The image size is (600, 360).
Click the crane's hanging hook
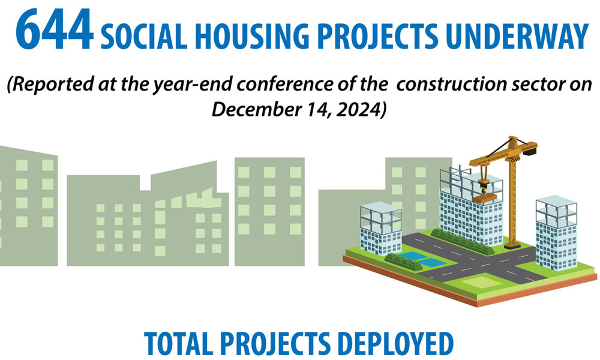484,187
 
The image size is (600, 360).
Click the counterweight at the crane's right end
530,151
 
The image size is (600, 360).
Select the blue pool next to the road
421,259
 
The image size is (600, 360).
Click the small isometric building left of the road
381,229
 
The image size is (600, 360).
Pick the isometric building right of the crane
556,233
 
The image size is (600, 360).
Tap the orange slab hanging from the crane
484,198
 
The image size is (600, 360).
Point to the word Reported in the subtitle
50,84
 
